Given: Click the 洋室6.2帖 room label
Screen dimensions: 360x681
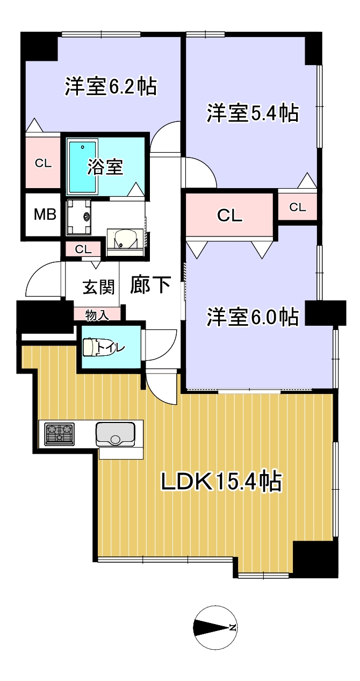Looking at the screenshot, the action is pyautogui.click(x=111, y=87).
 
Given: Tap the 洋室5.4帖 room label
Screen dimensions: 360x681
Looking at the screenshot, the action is pyautogui.click(x=253, y=113).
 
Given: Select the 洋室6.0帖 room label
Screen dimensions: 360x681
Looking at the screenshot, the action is pyautogui.click(x=253, y=317).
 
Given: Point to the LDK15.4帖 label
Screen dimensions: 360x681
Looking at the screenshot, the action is pyautogui.click(x=221, y=482).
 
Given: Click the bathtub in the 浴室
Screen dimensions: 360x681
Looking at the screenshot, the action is pyautogui.click(x=83, y=167).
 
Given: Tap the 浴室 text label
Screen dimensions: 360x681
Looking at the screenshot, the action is pyautogui.click(x=105, y=167).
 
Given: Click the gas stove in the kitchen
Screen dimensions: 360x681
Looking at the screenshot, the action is pyautogui.click(x=60, y=434).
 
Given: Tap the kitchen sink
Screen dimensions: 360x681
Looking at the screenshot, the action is pyautogui.click(x=115, y=434).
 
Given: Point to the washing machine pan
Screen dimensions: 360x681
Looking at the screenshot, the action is pyautogui.click(x=78, y=217).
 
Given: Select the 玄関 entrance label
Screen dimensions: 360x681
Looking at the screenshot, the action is pyautogui.click(x=98, y=287).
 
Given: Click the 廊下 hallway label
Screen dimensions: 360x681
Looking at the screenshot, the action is pyautogui.click(x=150, y=284).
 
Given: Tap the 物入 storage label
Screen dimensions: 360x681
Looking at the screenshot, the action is pyautogui.click(x=97, y=315).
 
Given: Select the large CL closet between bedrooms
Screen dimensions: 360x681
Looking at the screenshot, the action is pyautogui.click(x=229, y=216).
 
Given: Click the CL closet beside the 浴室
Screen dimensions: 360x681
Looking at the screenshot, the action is pyautogui.click(x=43, y=163).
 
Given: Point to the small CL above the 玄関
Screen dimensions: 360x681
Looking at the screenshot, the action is pyautogui.click(x=83, y=249).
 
